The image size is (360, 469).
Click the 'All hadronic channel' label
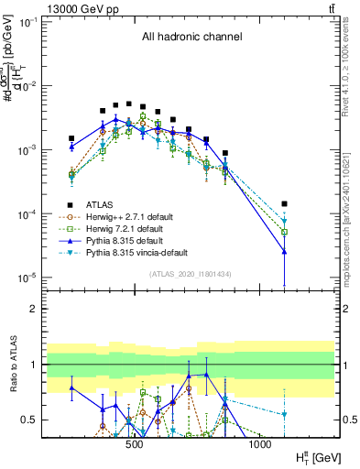tap(191, 38)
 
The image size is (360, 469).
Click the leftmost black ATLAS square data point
tap(71, 138)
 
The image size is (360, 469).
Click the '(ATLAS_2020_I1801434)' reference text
tap(191, 274)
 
